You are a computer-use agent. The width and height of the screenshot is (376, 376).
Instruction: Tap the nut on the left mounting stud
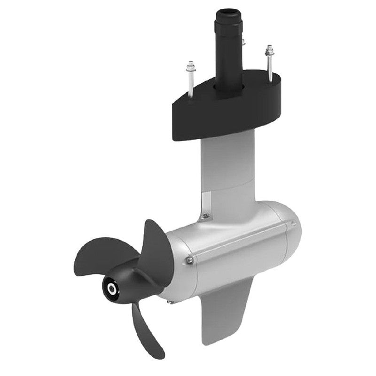point(190,65)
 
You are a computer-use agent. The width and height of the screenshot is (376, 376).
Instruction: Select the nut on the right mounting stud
point(269,50)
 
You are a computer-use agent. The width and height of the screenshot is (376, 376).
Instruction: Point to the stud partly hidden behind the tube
point(244,41)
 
